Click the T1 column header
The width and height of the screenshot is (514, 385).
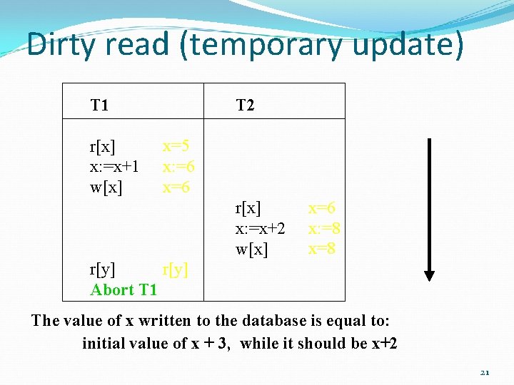[x=99, y=106]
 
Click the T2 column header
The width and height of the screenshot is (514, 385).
[x=245, y=106]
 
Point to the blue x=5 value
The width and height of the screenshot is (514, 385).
[x=176, y=147]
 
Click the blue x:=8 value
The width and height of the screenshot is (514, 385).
[x=323, y=229]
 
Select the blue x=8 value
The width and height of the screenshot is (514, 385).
[x=322, y=249]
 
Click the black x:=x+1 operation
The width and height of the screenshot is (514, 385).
[x=113, y=167]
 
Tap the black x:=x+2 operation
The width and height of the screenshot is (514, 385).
[x=260, y=229]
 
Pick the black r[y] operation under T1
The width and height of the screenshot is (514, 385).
[x=102, y=269]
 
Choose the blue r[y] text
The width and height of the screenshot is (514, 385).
[x=176, y=269]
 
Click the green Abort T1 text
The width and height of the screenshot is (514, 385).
[x=124, y=289]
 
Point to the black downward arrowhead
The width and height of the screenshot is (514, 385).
[x=430, y=274]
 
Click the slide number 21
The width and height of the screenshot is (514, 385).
[x=485, y=372]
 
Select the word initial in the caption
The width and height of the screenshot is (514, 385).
[x=108, y=343]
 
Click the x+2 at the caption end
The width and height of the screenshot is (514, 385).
[x=385, y=343]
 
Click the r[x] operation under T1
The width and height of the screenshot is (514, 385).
[x=102, y=147]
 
